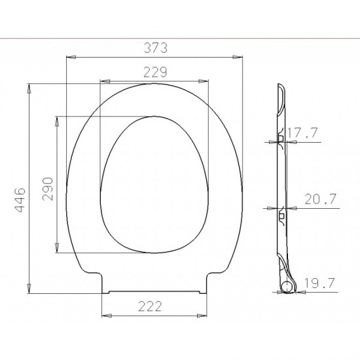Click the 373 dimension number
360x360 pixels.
point(155,48)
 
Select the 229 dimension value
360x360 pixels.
point(155,72)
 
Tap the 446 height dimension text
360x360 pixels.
point(20,200)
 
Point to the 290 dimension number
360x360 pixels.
point(48,189)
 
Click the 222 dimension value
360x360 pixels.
point(150,306)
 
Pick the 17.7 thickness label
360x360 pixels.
point(302,133)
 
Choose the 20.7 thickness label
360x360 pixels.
point(321,199)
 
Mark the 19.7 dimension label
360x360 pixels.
point(319,283)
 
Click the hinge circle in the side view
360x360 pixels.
point(287,287)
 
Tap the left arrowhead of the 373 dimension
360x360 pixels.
point(71,57)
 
